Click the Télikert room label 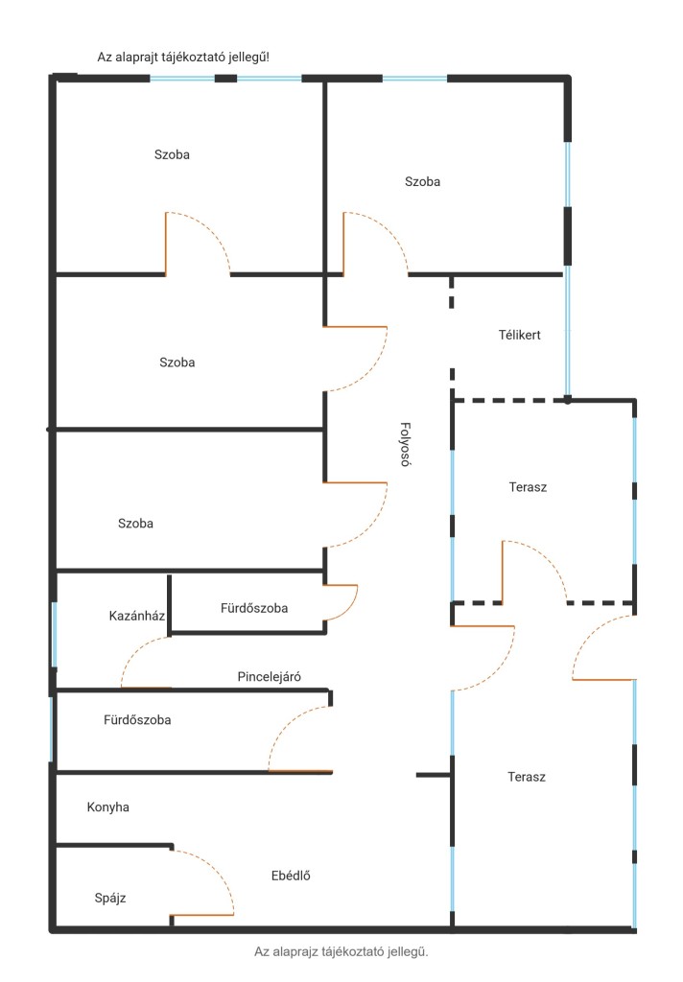click(x=520, y=335)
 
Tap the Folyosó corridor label click(x=406, y=444)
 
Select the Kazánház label click(x=136, y=616)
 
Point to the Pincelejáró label click(x=269, y=676)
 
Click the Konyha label click(x=107, y=807)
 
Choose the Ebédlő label click(x=291, y=877)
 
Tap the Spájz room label click(x=110, y=898)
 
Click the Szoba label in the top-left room click(x=172, y=154)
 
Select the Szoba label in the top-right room click(x=422, y=181)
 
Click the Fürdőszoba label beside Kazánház click(x=254, y=608)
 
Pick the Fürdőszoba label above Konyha click(x=137, y=720)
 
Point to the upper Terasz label click(x=528, y=487)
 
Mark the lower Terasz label click(x=527, y=777)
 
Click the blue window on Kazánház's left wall click(x=55, y=635)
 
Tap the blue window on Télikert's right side click(x=568, y=332)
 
